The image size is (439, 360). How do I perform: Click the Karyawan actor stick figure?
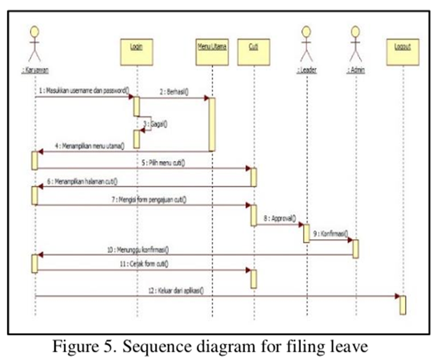[35, 44]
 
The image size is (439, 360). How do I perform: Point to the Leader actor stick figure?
[307, 44]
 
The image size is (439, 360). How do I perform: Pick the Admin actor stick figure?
[356, 44]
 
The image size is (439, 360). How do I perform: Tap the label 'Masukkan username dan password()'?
[84, 90]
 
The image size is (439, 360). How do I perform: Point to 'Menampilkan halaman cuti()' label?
[82, 181]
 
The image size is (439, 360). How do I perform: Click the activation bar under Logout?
[403, 304]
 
